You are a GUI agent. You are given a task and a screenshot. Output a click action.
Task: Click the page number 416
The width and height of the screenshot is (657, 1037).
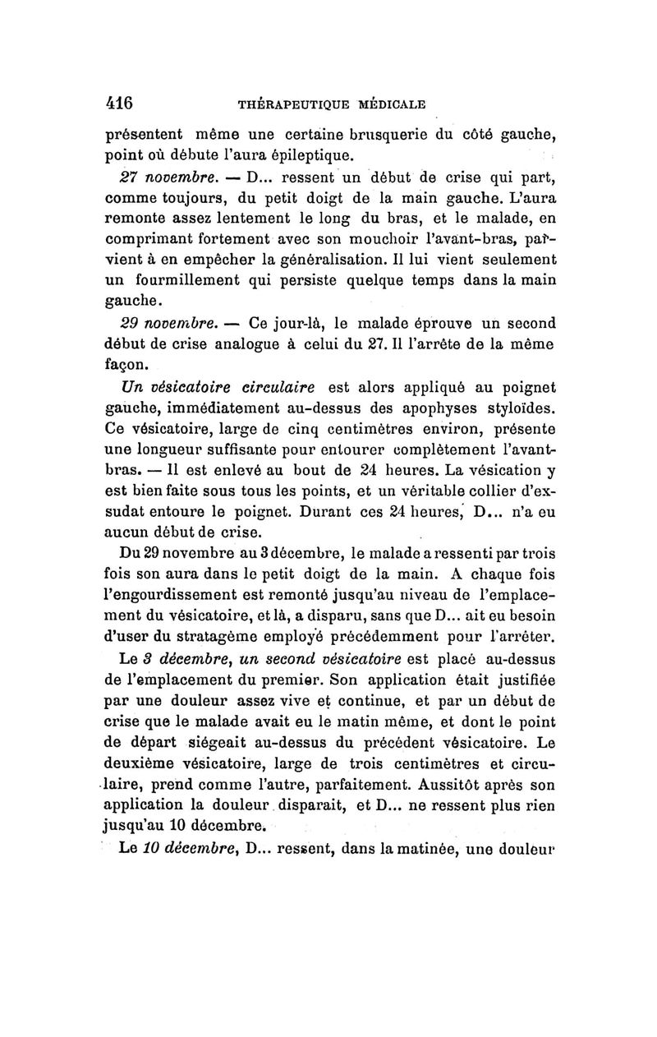120,104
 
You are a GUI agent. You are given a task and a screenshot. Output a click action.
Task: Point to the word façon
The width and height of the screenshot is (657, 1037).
130,363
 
